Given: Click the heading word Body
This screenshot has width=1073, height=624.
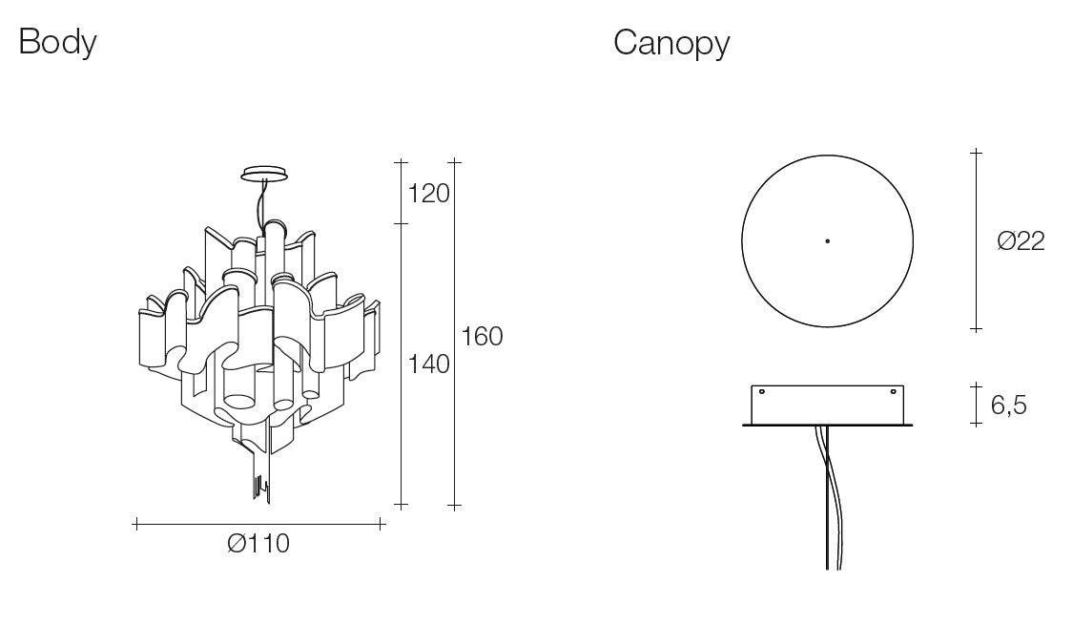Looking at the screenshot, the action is point(57,42).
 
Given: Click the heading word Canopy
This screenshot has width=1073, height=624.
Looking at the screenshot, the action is point(671,43).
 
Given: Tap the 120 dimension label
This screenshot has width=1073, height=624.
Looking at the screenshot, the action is point(428,194).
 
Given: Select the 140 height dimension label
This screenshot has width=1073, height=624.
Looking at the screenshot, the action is point(428,364).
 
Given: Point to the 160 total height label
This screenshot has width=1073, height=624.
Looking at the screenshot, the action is point(482,337).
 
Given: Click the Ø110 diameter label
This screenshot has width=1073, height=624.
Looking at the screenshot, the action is point(258,544).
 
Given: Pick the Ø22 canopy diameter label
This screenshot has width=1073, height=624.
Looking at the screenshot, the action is point(1021,240).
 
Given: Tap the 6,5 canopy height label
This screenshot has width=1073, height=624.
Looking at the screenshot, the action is point(1009,406).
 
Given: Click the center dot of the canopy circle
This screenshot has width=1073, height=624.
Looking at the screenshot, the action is point(827,240).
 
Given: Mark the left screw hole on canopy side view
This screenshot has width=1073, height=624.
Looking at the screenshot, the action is point(762,392).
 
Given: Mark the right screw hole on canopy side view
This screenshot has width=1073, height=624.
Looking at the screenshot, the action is point(893,392).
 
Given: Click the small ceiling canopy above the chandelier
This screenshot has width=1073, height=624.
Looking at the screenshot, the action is point(264,173).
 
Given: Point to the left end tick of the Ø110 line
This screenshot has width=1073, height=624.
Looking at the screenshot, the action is point(136,525).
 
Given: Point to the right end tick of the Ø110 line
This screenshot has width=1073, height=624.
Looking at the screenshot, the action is point(382,525).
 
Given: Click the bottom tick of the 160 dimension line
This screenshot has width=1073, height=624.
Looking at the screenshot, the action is point(454,507).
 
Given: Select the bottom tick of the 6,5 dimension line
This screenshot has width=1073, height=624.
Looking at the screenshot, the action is point(977,425).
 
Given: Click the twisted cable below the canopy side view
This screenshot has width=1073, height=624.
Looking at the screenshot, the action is point(830,497).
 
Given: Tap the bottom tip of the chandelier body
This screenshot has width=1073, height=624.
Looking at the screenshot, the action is point(268,502).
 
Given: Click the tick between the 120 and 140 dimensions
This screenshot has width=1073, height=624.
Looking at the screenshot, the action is point(401,223).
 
